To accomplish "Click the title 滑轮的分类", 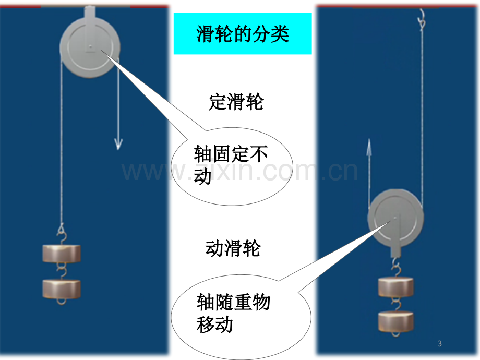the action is pos(243,34).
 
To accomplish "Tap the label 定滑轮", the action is pos(236,102).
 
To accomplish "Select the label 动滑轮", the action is pos(233,248).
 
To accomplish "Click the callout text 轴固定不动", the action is pos(231,165).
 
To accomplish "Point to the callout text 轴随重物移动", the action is pos(233,313).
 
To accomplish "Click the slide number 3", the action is pos(440,344).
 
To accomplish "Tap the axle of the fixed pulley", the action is pos(91,46).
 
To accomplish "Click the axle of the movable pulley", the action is pos(395,218).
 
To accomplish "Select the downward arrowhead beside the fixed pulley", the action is pos(118,144).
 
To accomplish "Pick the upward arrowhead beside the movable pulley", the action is pos(369,145).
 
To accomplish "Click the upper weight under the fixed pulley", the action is pos(62,254).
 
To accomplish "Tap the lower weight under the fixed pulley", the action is pos(62,289).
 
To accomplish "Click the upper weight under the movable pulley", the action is pos(396,286).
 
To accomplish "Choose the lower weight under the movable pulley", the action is pos(396,321).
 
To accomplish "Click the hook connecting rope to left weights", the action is pos(62,234).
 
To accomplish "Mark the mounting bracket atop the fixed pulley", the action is pos(90,11).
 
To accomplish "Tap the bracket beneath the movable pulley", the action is pos(395,251).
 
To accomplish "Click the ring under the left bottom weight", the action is pos(62,304).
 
